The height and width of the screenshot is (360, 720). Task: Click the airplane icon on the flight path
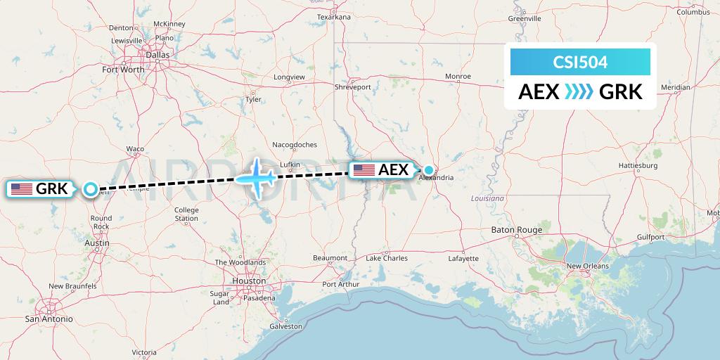tap(256, 178)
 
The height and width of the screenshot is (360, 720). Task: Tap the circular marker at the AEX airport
tap(428, 169)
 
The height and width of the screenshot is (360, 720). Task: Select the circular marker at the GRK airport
tap(90, 188)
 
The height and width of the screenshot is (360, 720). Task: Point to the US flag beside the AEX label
tap(364, 169)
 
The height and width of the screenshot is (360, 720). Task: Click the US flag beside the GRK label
tap(22, 188)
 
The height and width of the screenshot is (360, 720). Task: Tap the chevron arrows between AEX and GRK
tap(579, 91)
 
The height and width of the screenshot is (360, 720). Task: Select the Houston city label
tap(250, 281)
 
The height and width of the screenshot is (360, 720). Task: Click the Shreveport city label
tap(352, 87)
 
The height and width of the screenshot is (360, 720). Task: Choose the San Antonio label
tap(49, 319)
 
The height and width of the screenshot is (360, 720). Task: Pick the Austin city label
tap(96, 243)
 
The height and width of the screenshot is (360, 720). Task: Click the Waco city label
tap(135, 149)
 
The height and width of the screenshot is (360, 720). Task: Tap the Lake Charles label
tap(387, 259)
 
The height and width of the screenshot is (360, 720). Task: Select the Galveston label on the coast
tap(286, 326)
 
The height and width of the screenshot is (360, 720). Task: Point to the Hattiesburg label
tap(638, 166)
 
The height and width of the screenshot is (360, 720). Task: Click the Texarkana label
tap(333, 17)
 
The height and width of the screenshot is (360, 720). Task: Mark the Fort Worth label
tap(123, 70)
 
